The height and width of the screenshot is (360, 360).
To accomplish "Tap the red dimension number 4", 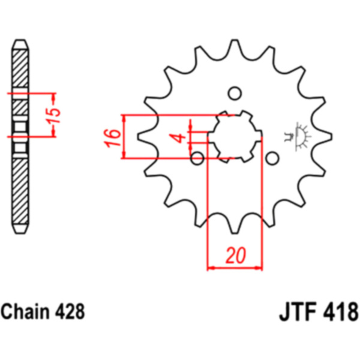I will click(178, 139).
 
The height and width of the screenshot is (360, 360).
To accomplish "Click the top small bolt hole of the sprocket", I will click(235, 94).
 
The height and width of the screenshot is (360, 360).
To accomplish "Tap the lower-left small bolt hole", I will click(197, 158).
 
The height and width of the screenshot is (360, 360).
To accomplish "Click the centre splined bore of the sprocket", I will click(235, 137).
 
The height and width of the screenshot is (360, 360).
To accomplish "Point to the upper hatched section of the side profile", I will click(20, 72).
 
